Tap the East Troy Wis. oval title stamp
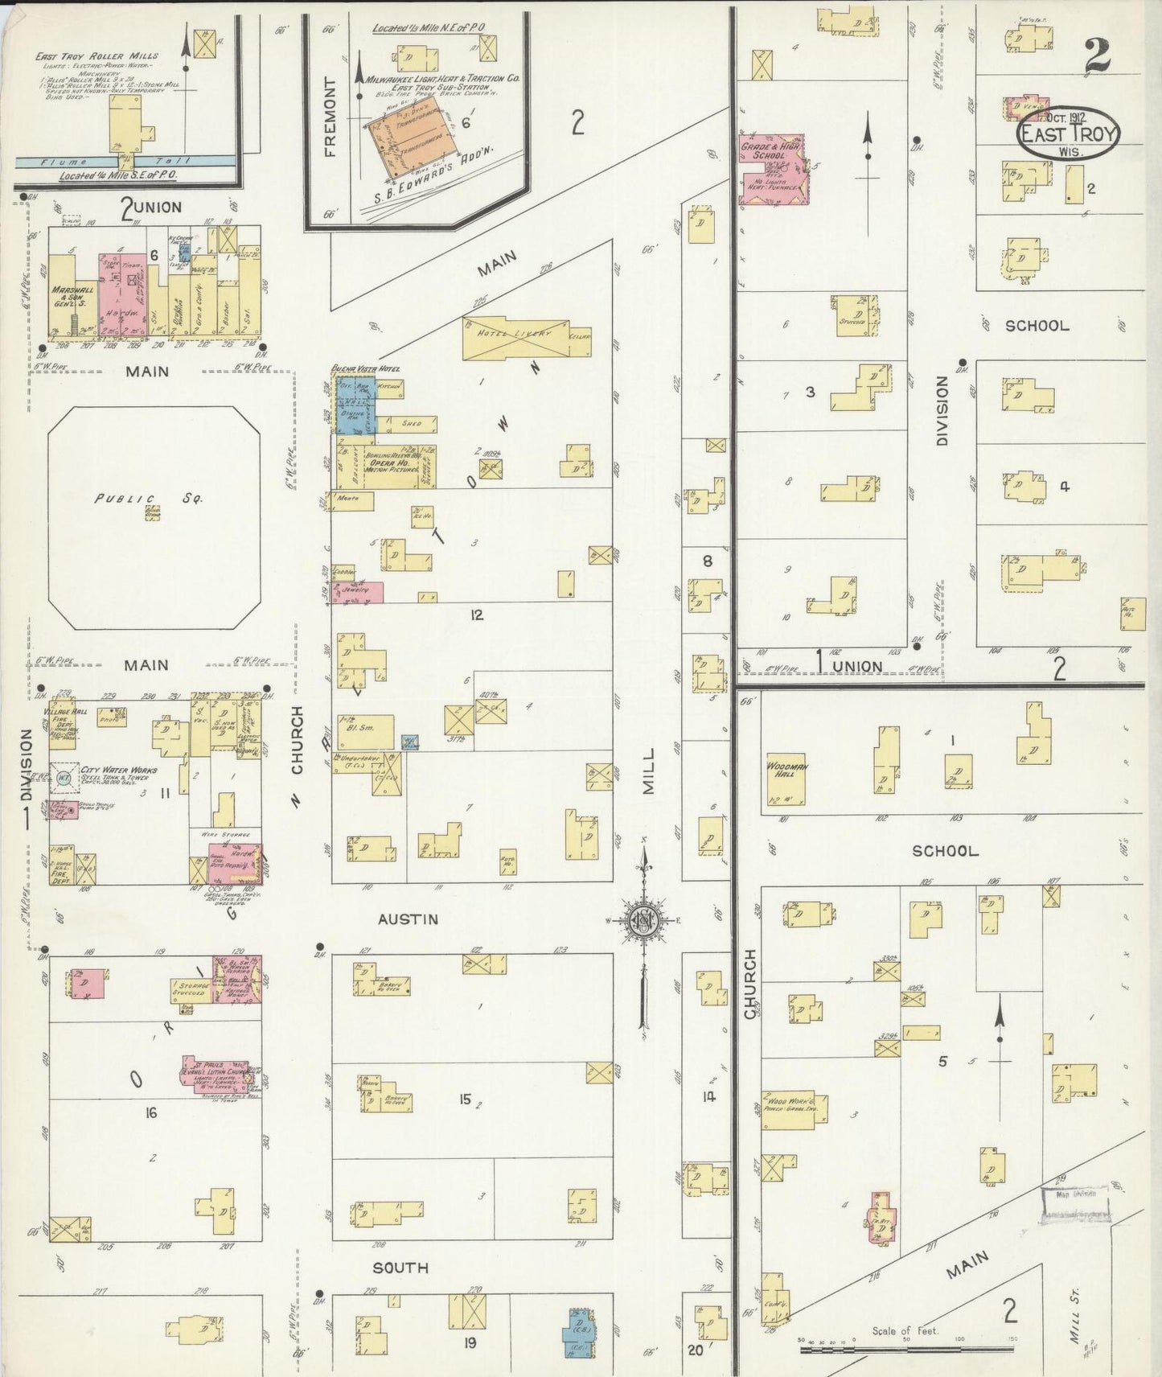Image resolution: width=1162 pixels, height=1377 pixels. (x=1069, y=134)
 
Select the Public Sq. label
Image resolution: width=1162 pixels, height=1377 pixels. (x=149, y=499)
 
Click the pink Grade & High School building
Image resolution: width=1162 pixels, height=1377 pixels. (x=770, y=167)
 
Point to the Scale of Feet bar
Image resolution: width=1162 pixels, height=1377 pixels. (x=906, y=1349)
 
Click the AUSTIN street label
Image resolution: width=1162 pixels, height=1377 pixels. (x=409, y=919)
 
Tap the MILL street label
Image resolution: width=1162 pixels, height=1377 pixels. (x=648, y=771)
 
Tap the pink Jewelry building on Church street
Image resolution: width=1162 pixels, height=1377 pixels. (x=358, y=592)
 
